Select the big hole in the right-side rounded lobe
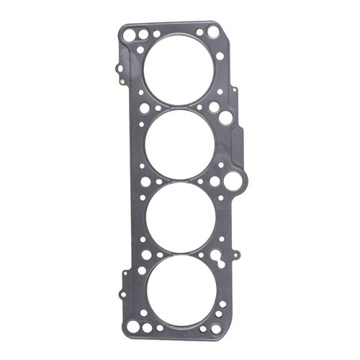coord(233,180)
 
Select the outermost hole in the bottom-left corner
coord(132,325)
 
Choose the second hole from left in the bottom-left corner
coord(147,328)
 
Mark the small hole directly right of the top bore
coord(220,55)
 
